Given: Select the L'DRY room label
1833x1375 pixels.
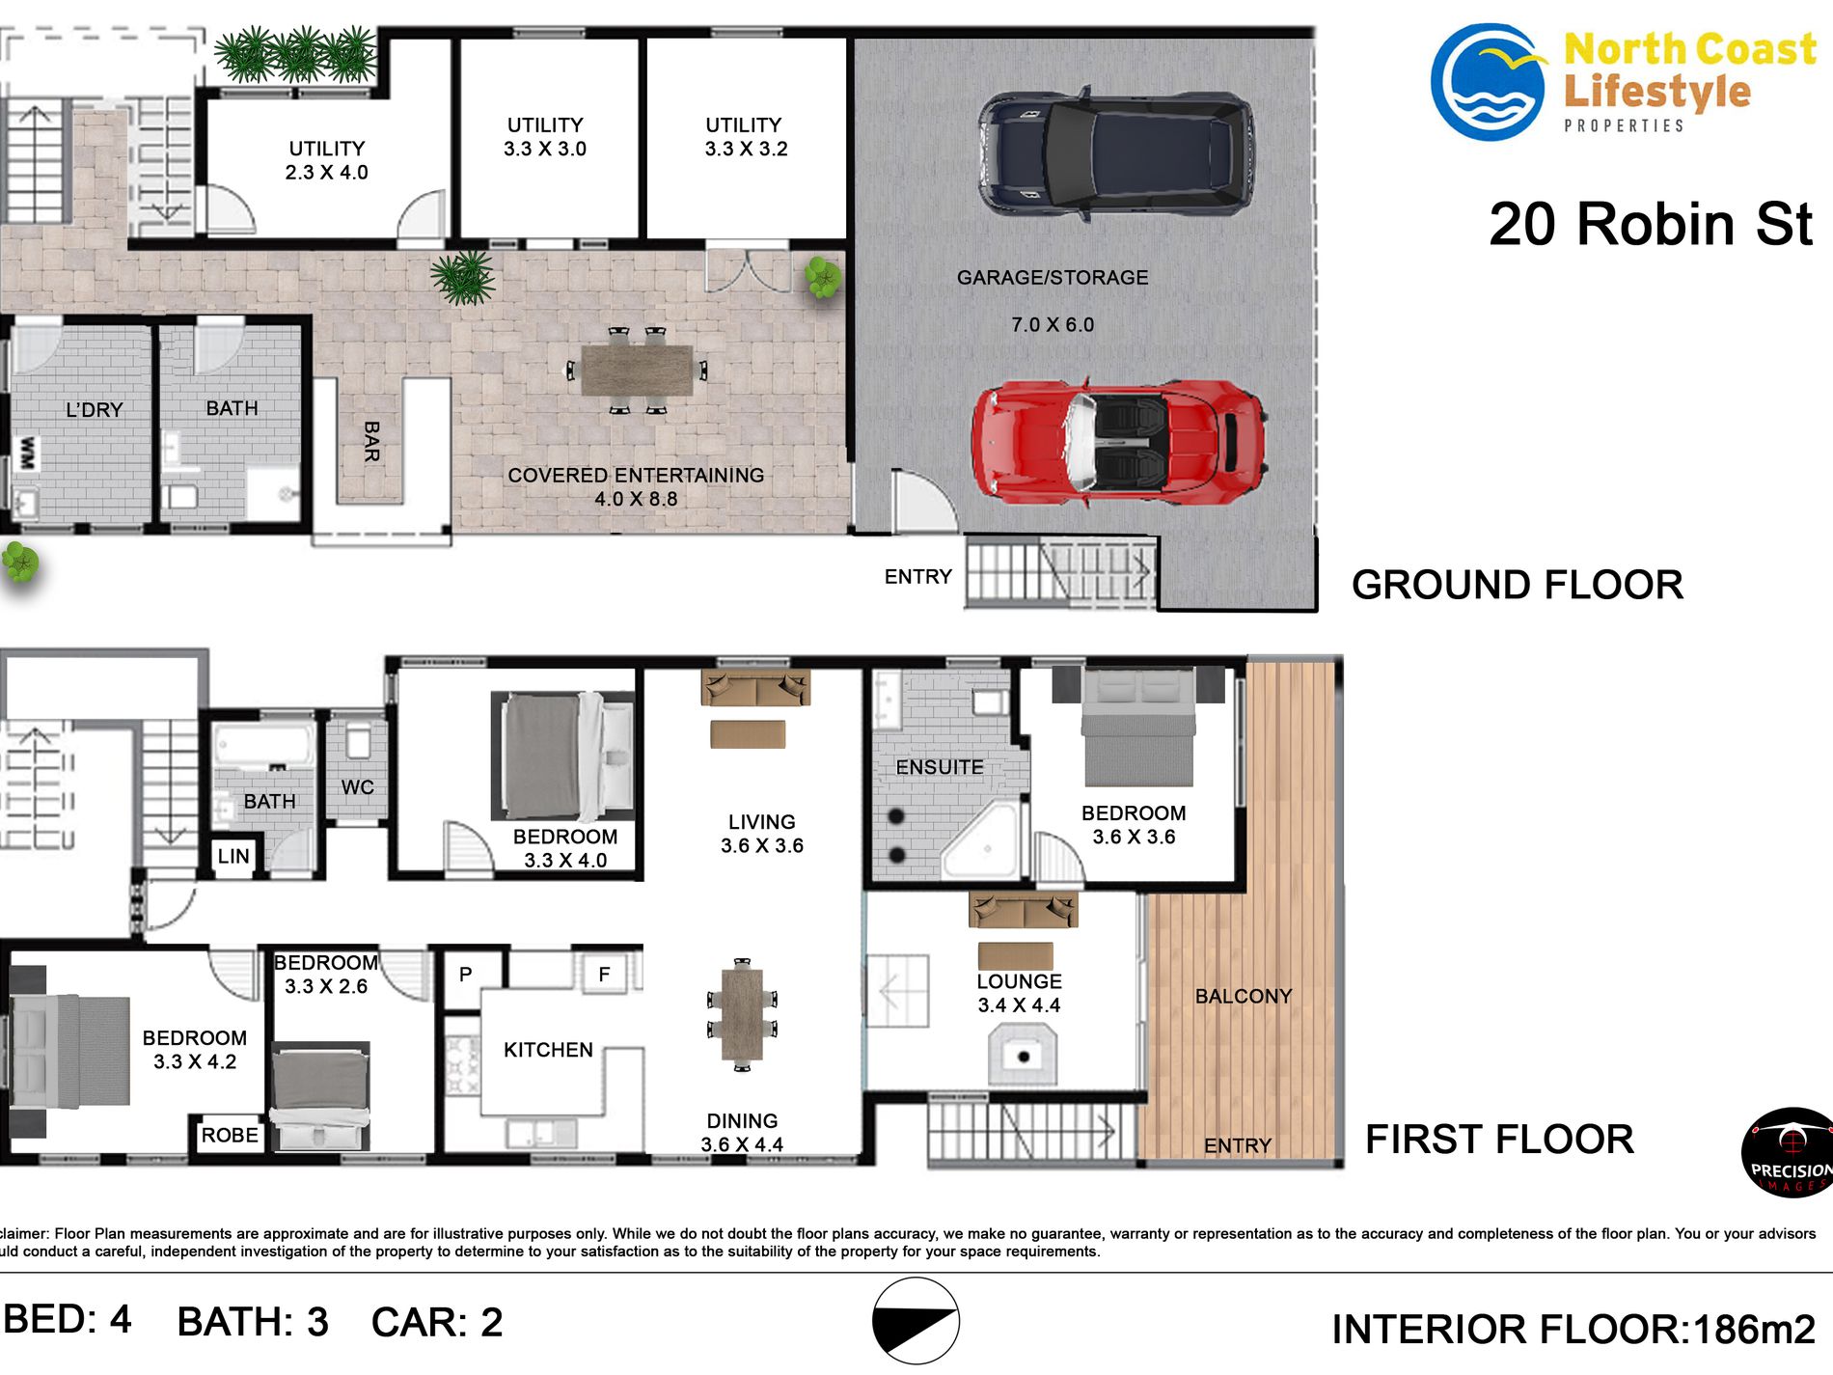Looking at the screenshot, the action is click(94, 410).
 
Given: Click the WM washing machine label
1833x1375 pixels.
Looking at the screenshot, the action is click(28, 454).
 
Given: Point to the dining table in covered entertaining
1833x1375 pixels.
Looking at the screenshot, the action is click(637, 371).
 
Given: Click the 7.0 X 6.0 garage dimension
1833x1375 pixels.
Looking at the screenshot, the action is click(1053, 325).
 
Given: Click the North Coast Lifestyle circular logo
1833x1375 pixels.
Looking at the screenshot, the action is click(1487, 82).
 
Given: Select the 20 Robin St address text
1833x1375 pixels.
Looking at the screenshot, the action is click(1651, 225).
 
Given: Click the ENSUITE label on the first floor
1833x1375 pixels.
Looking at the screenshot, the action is click(940, 767).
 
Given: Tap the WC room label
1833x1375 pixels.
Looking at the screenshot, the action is click(357, 787).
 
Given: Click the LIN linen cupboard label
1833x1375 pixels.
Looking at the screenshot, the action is click(233, 857).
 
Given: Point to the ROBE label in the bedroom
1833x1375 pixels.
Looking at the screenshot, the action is click(230, 1136).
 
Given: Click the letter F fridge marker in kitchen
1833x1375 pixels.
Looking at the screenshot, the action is click(604, 975).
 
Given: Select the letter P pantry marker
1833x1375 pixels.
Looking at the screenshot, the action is click(465, 975).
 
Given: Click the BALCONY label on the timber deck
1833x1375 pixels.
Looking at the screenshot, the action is click(1244, 997).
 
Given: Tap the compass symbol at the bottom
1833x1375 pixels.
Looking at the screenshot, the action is click(916, 1321).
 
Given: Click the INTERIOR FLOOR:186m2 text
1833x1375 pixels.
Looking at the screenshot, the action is click(1573, 1330).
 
